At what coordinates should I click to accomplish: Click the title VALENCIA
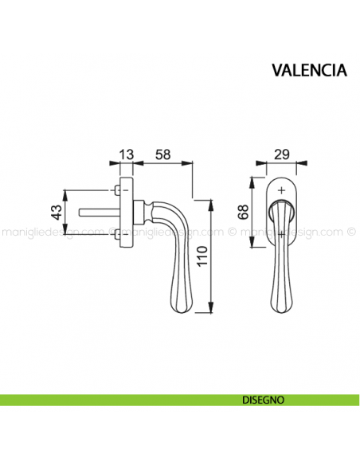point(308,69)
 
